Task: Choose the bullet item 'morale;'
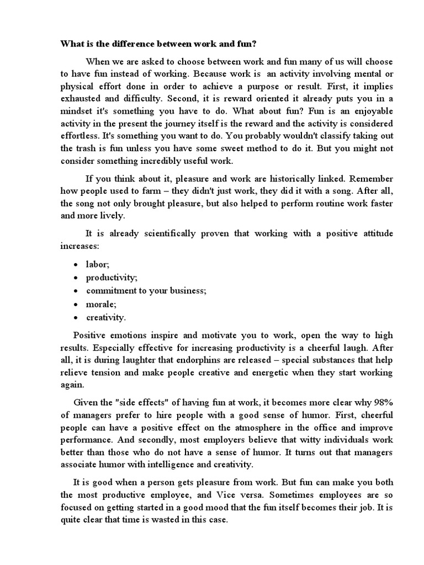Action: point(100,303)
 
